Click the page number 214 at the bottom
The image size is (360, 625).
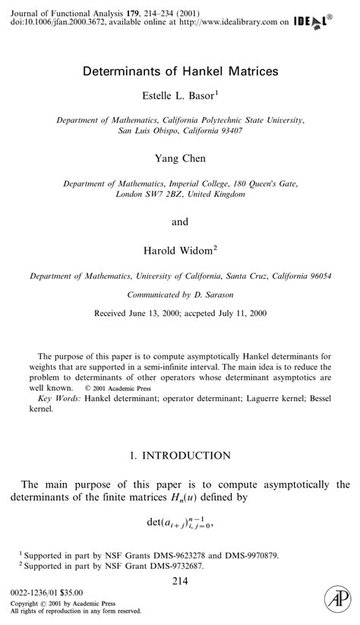pos(180,581)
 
